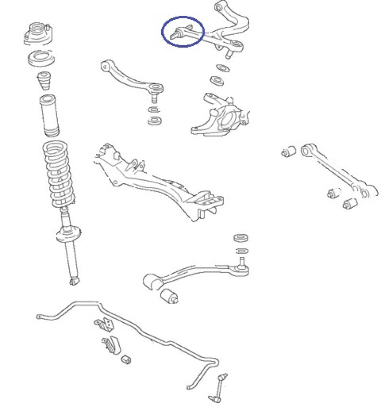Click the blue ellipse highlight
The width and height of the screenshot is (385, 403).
[x=182, y=32]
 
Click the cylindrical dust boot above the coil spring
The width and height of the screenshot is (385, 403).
[x=48, y=117]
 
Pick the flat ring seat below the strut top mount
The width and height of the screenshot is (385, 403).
[x=41, y=59]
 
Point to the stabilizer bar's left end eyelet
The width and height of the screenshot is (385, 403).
[x=39, y=316]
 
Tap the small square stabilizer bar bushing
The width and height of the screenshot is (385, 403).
[x=126, y=359]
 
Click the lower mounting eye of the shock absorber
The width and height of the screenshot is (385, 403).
[x=74, y=279]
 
